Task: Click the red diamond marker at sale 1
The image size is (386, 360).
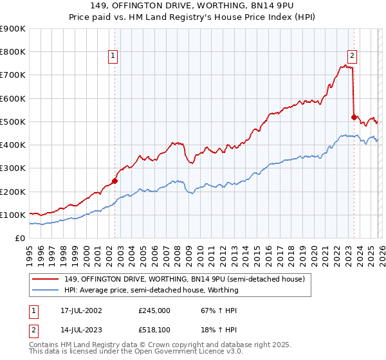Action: tap(115, 181)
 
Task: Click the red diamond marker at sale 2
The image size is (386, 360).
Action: tap(354, 117)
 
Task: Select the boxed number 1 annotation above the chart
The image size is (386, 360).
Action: tap(113, 56)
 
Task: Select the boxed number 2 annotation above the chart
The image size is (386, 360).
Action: tap(353, 56)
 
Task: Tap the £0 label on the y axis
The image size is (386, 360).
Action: tap(21, 238)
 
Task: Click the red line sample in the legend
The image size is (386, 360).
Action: tap(47, 279)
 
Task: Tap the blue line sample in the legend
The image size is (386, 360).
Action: tap(47, 290)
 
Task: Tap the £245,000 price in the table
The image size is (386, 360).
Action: tap(154, 310)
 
